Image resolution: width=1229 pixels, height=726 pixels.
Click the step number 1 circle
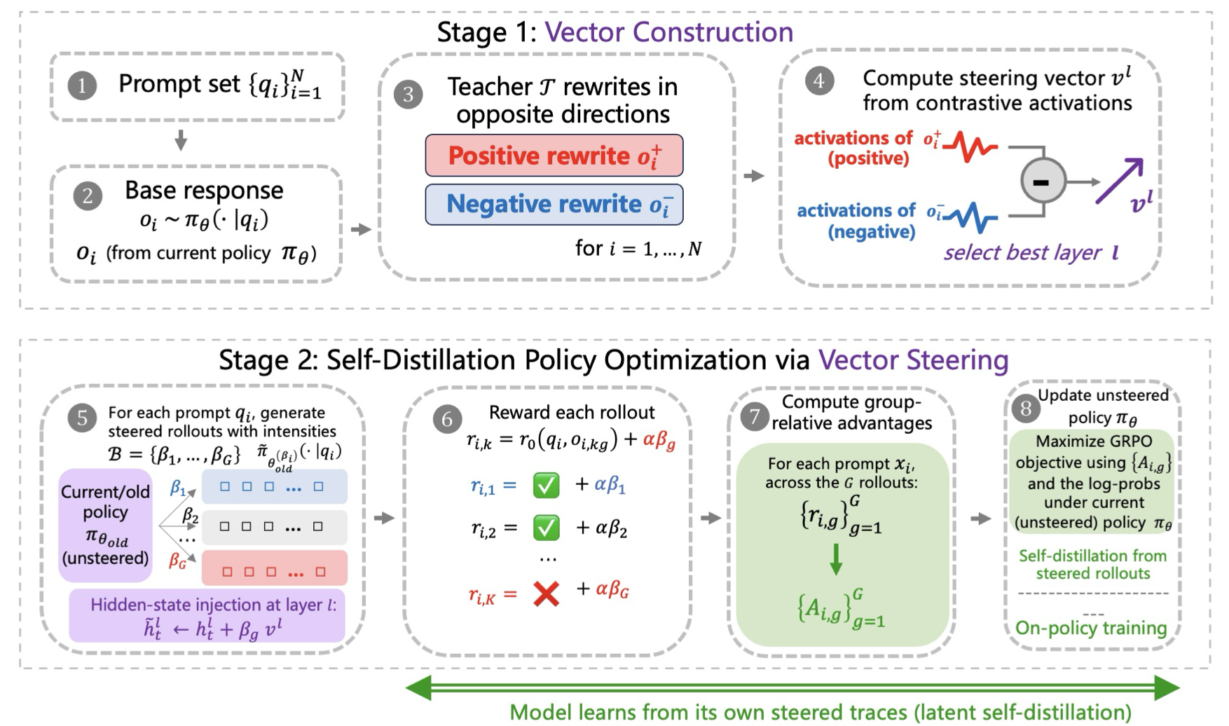(82, 85)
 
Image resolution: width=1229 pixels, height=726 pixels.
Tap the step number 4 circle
(818, 81)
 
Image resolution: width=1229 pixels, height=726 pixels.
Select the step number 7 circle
(754, 417)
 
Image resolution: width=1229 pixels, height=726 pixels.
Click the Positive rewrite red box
(554, 156)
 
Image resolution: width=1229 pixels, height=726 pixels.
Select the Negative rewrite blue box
(554, 204)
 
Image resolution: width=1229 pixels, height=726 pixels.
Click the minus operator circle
(1043, 181)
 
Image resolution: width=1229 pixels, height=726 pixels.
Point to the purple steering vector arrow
(1120, 181)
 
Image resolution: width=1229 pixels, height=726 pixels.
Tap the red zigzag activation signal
(970, 146)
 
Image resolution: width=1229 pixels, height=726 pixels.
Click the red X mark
(547, 594)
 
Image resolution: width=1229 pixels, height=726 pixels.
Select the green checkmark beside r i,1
(547, 485)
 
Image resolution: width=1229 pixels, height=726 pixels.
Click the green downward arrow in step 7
(836, 559)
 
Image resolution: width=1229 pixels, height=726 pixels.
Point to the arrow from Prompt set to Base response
(181, 140)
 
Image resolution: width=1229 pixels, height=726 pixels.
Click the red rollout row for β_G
(275, 568)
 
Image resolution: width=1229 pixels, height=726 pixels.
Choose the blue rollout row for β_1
(275, 486)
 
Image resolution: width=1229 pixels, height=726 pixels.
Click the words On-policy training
(1091, 627)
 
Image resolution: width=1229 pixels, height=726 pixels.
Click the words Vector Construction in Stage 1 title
(669, 32)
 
